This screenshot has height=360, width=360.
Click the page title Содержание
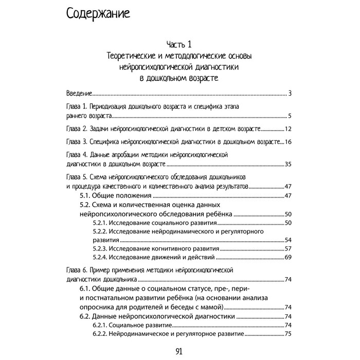98,14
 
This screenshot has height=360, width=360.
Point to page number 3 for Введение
290,94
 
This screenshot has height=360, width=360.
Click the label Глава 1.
78,107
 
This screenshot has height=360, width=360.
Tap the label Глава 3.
78,141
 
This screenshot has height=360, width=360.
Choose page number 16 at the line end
288,141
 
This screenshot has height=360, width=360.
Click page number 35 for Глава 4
288,165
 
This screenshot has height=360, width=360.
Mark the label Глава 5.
78,177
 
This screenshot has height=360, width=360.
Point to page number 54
288,240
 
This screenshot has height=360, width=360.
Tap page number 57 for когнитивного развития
288,248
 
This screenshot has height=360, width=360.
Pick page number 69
288,257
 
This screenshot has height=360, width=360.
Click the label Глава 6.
78,271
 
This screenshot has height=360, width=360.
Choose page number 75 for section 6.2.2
288,334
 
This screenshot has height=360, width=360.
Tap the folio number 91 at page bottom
180,352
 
